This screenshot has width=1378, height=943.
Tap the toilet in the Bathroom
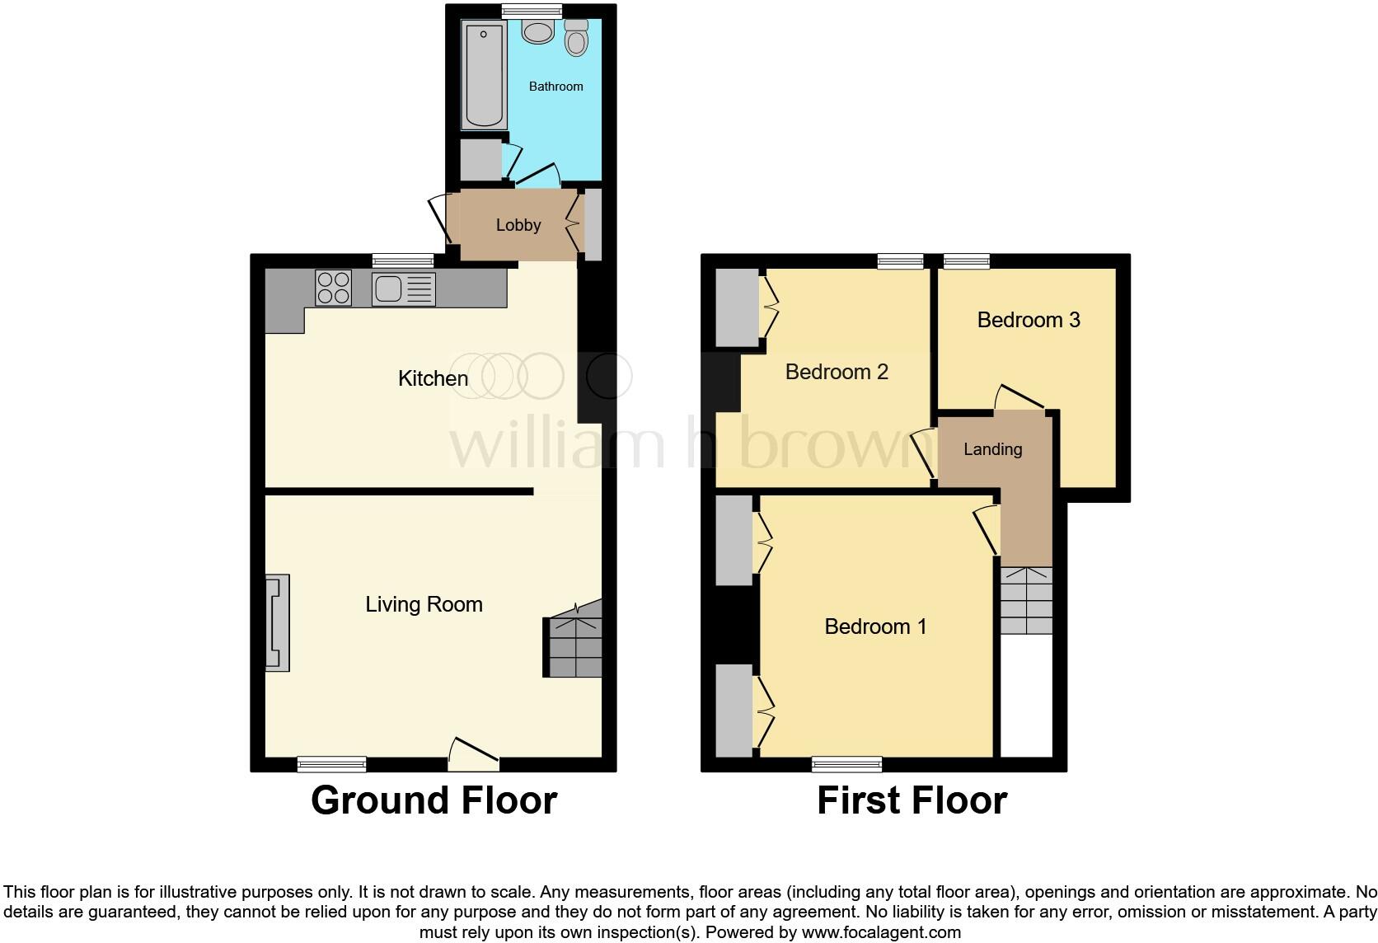click(576, 38)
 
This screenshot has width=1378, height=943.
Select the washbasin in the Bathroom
click(538, 33)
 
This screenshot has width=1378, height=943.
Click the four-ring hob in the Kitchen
click(333, 288)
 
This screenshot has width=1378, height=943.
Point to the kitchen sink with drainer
click(402, 289)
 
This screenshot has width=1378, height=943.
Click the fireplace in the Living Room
click(278, 622)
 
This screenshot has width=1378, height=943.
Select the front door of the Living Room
click(472, 755)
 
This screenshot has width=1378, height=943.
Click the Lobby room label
click(518, 225)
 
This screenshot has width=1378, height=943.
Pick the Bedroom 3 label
click(1028, 320)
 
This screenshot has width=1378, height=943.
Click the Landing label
click(992, 449)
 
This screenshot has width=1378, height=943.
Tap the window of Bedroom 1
click(846, 764)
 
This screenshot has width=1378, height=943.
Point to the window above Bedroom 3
click(966, 261)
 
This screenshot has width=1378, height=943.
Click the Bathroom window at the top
click(532, 11)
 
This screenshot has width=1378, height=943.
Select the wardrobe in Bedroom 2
click(737, 307)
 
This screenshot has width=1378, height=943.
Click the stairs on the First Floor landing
click(1026, 600)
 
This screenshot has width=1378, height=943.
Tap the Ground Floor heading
click(434, 800)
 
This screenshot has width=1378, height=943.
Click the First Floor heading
click(912, 800)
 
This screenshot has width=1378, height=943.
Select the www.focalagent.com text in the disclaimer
click(881, 933)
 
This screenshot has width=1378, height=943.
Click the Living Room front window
click(331, 764)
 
